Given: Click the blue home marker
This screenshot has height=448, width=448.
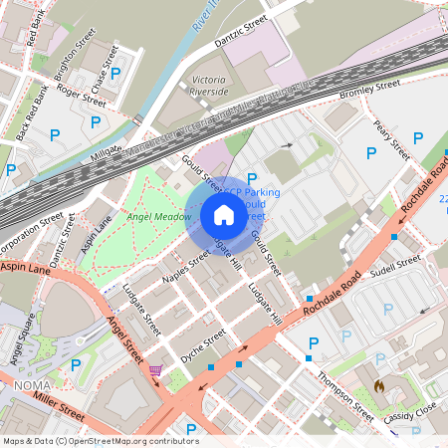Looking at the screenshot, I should tap(224, 214).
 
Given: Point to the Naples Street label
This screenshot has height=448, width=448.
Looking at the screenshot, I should tap(185, 268).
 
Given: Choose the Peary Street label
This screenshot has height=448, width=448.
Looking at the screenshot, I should tap(391, 139).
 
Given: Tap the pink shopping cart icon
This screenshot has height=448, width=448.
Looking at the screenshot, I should tap(155, 370).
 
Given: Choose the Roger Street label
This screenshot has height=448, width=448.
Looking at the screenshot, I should tap(81, 94).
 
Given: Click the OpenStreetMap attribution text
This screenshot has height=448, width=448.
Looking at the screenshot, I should tap(101, 440).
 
